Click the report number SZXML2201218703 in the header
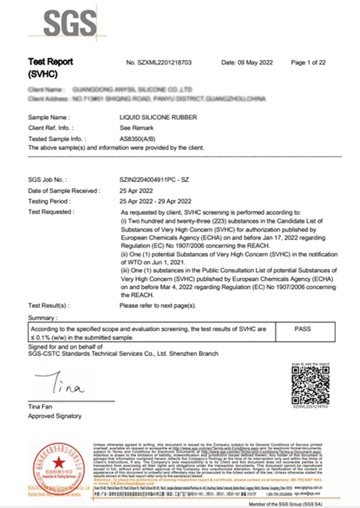(159, 63)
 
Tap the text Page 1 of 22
(308, 63)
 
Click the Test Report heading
(50, 62)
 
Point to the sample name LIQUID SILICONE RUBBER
(158, 118)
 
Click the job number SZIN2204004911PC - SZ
(154, 179)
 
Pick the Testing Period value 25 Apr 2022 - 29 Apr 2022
(155, 201)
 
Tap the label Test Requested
(51, 212)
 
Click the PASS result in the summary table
(302, 329)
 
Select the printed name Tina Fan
(40, 406)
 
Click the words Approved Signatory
(55, 416)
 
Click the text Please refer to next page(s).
(158, 306)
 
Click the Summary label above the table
(43, 318)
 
